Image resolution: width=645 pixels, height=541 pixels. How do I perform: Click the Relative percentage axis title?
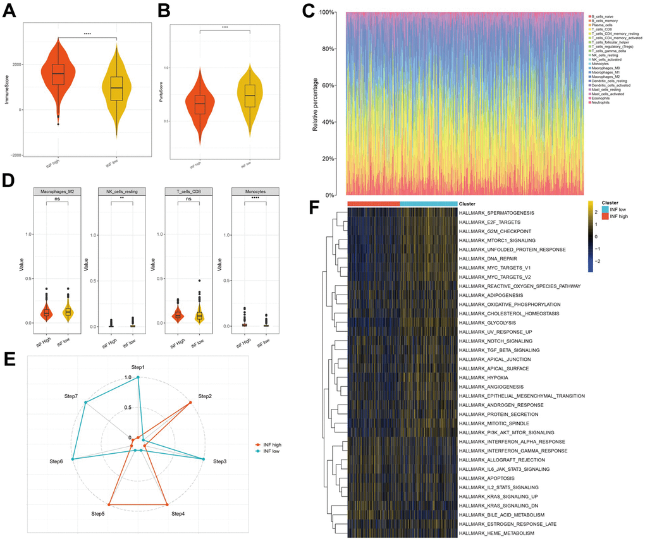(x=315, y=102)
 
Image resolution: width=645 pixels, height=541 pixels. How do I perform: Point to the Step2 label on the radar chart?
(x=204, y=396)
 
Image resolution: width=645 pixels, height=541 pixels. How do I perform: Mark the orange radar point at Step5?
(x=109, y=504)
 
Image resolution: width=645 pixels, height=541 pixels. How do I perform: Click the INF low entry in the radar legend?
(x=272, y=452)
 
